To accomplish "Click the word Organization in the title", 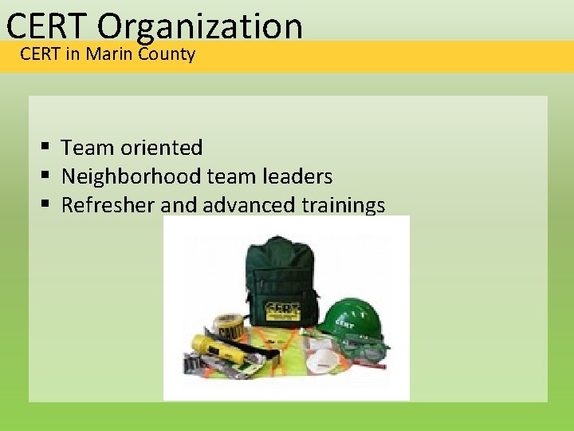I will [200, 26].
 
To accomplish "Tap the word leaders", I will [296, 176].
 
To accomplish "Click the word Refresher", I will [108, 205].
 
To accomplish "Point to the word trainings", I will [343, 205].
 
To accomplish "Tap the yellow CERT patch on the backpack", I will [283, 309].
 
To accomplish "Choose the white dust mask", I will [320, 359].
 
